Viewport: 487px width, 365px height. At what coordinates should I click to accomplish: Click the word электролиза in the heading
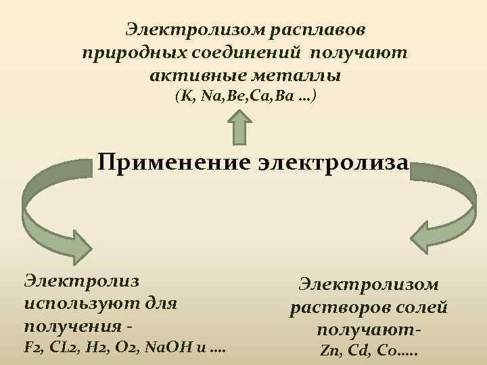[x=333, y=163]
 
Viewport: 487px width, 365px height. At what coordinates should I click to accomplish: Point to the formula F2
[x=31, y=348]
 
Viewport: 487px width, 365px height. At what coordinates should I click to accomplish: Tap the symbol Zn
[x=329, y=351]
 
